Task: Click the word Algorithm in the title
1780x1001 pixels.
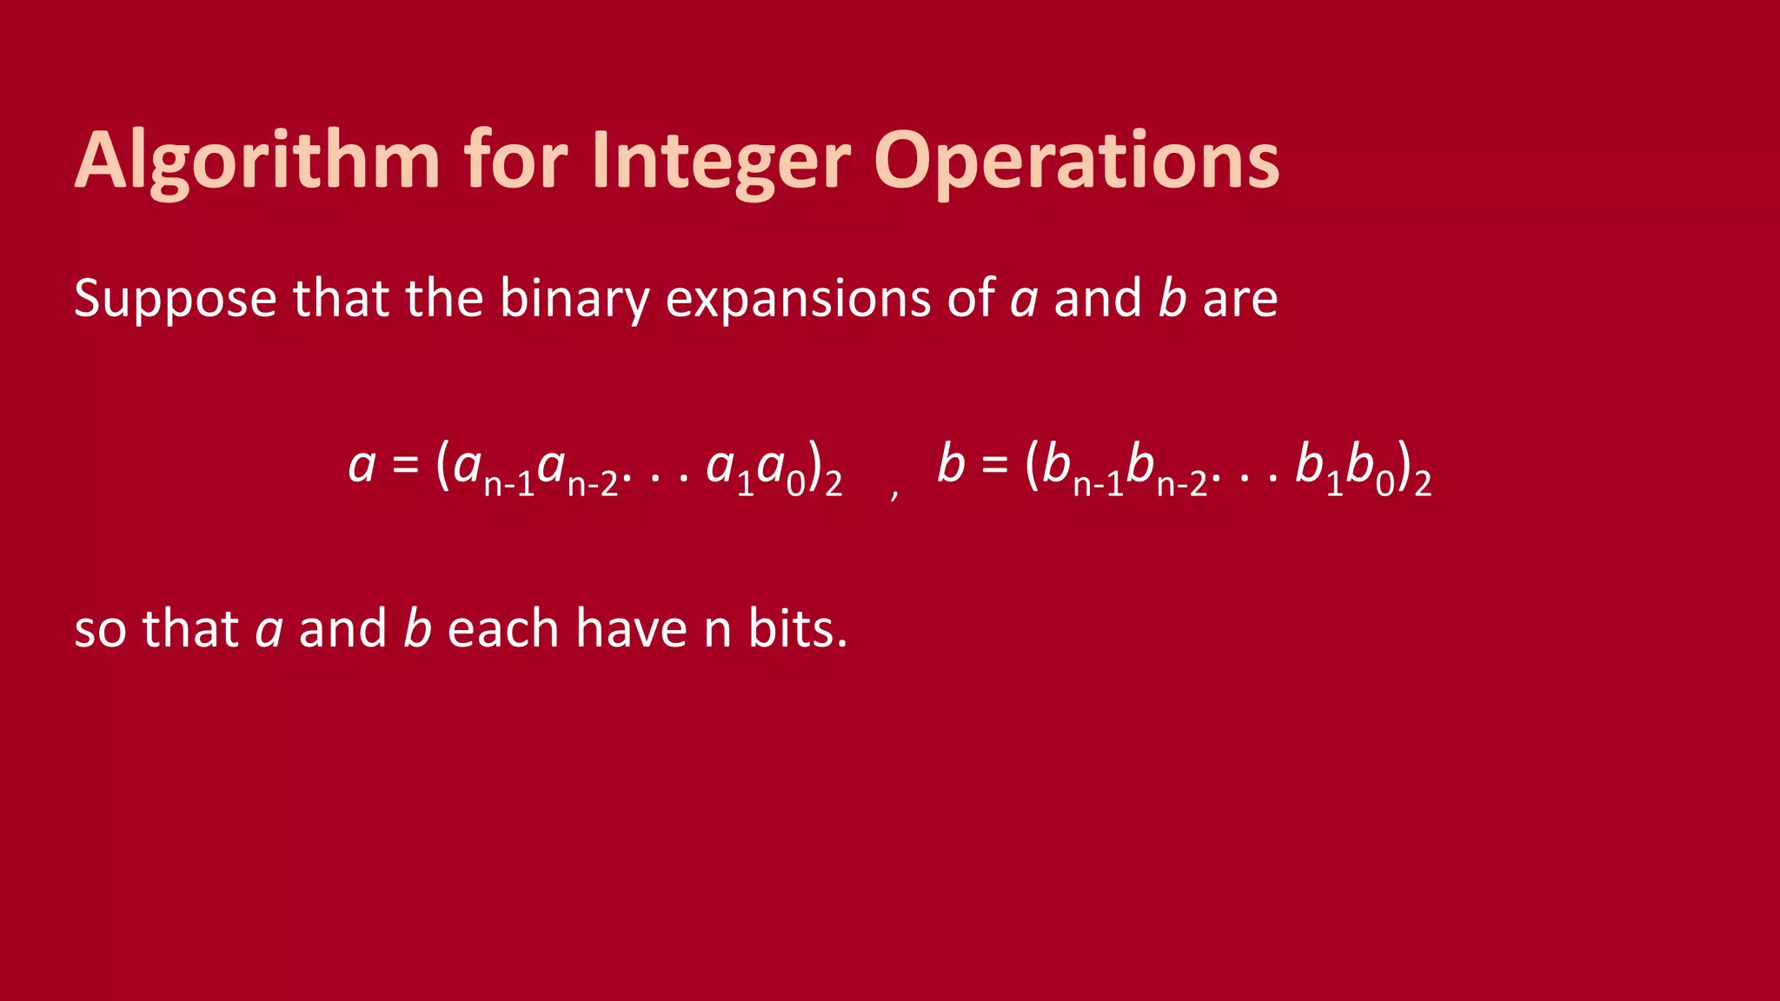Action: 257,162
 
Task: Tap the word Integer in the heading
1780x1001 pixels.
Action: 721,162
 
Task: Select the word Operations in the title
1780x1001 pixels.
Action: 1076,162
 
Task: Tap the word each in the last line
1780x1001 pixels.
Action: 502,628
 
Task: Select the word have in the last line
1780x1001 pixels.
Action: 631,628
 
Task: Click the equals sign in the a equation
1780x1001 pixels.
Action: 406,465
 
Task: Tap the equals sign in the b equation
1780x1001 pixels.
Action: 995,465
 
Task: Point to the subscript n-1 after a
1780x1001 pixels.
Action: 508,484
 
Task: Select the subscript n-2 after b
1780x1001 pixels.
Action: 1182,484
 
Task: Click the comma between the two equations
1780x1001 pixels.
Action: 894,494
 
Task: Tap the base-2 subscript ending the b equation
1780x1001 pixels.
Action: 1422,484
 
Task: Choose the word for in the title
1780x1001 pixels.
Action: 515,162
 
